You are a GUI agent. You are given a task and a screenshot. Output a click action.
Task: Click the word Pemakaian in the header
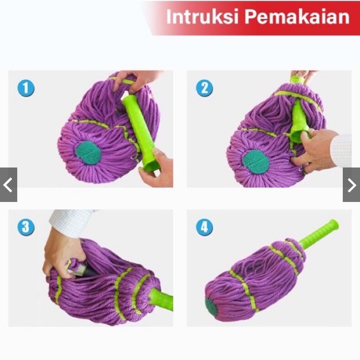[x=297, y=17]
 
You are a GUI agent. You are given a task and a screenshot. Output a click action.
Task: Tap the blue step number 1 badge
[x=26, y=88]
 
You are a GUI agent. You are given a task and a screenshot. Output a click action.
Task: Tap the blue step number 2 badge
[x=204, y=88]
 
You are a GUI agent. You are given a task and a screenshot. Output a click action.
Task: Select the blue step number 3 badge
[x=26, y=227]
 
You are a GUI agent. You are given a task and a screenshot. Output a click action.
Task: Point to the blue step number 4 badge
[x=204, y=227]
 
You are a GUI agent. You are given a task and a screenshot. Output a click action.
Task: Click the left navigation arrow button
[x=8, y=185]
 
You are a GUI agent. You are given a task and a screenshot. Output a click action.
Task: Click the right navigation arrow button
[x=351, y=185]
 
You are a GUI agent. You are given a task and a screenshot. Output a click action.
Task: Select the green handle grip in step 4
[x=321, y=235]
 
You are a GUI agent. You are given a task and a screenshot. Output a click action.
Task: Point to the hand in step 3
[x=60, y=254]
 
